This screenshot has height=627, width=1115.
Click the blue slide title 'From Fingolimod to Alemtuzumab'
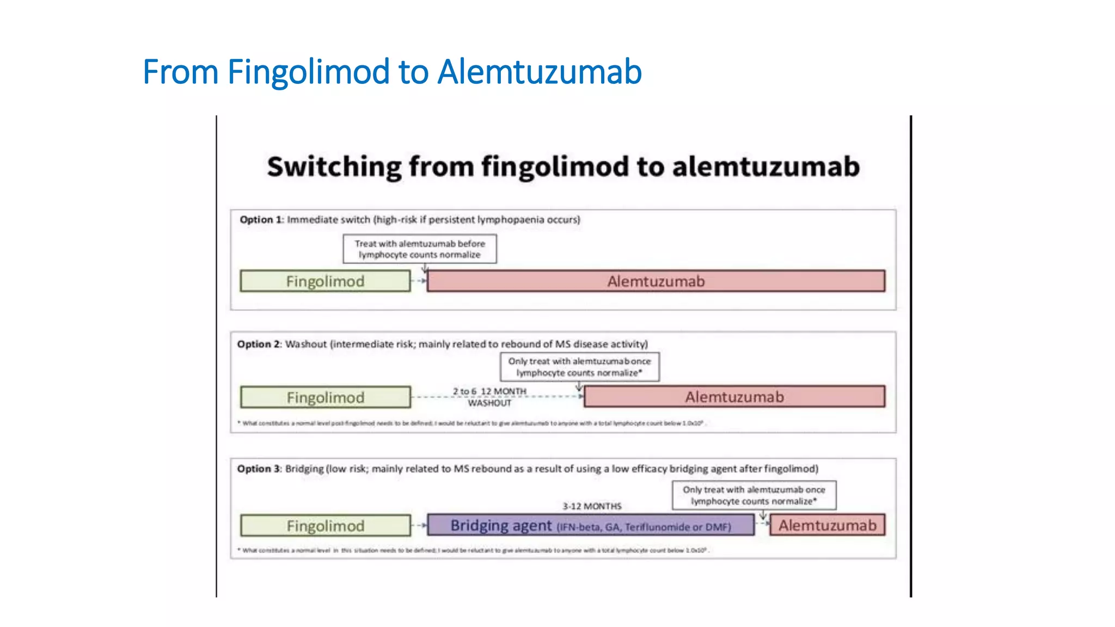coord(392,72)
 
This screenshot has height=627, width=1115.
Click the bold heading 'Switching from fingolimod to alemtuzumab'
coord(563,167)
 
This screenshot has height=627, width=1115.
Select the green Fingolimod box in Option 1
coord(325,281)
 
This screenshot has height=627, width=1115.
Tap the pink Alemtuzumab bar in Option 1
coord(655,281)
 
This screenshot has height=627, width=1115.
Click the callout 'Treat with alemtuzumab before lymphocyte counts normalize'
coord(420,249)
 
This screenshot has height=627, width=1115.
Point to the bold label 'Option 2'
coord(259,345)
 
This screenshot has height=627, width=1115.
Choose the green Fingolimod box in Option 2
coord(325,397)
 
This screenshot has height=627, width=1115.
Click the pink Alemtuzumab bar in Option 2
coord(734,397)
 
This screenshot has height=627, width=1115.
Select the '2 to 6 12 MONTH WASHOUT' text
coord(489,397)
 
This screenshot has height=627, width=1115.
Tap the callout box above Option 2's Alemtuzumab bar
coord(579,367)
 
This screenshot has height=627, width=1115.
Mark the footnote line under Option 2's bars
coord(471,423)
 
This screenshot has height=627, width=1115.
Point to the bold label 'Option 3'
coord(259,469)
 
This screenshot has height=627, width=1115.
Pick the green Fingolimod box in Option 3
coord(325,526)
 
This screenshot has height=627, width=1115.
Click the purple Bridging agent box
coord(590,526)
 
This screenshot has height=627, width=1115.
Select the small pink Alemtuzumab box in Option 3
coord(827,526)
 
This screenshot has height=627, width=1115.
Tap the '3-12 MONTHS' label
coord(592,506)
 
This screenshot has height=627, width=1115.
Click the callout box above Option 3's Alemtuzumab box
coord(753,495)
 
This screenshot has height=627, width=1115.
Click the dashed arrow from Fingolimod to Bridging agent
coord(419,526)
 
